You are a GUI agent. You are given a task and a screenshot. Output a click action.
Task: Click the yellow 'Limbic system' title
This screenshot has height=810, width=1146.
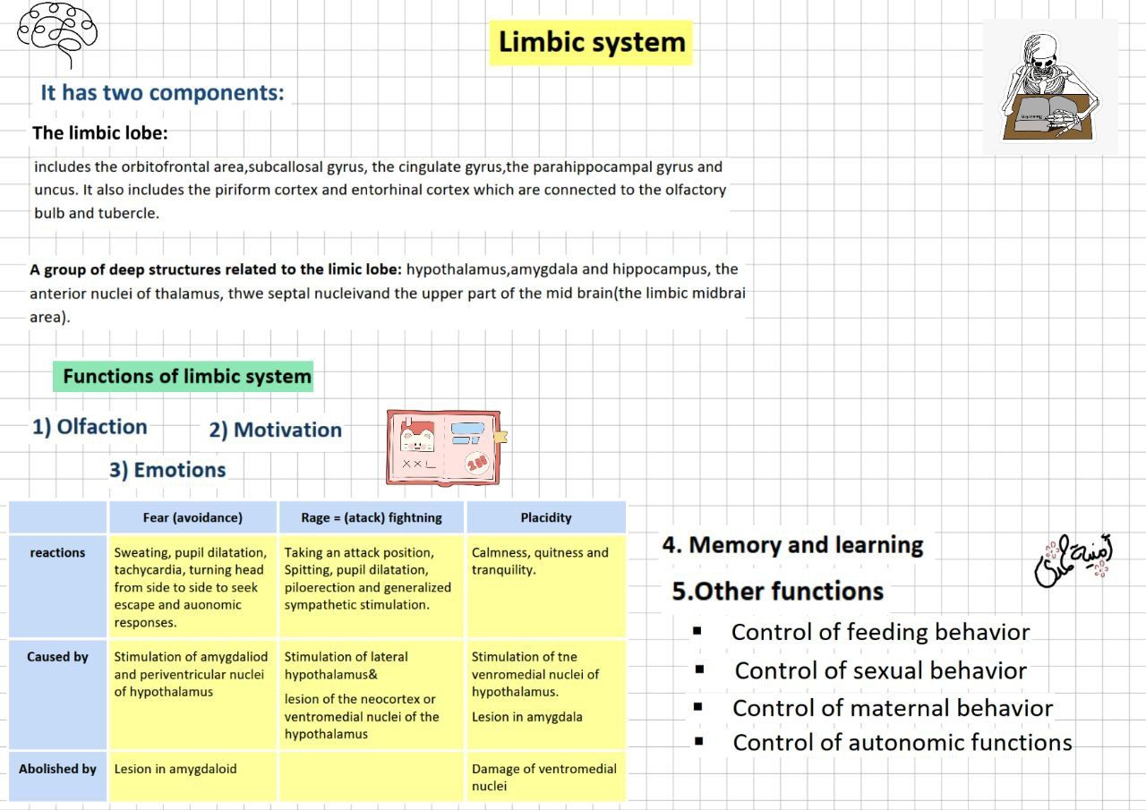point(591,42)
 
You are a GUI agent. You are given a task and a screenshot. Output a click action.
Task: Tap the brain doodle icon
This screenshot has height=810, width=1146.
point(57,31)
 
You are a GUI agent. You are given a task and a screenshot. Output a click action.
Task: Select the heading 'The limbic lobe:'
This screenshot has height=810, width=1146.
point(99,133)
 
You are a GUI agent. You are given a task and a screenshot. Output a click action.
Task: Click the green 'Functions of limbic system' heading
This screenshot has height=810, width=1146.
point(186,376)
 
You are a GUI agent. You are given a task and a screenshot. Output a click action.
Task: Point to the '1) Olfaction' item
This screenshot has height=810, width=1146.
point(90,427)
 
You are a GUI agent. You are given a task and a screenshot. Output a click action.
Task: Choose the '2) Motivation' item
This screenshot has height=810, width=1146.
point(275,430)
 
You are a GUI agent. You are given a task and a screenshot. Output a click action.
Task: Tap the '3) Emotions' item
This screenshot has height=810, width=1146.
point(167,470)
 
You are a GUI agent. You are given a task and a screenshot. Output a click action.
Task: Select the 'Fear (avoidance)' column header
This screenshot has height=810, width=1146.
point(192,517)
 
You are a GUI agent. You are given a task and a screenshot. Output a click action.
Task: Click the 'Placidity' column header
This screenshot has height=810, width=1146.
point(545,517)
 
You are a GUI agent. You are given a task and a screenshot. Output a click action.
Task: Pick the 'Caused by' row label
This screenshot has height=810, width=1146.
point(57,657)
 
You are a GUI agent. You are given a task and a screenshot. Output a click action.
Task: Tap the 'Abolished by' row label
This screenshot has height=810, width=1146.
point(57,769)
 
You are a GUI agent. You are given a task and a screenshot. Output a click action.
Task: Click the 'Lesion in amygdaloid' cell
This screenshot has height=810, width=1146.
point(175,769)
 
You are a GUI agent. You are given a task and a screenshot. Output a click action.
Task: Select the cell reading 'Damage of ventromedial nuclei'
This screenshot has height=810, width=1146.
point(543,777)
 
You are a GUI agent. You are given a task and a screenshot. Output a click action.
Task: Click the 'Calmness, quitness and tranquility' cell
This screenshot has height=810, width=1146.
point(540,561)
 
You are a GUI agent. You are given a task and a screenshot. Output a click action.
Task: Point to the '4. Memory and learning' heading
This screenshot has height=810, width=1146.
point(792,545)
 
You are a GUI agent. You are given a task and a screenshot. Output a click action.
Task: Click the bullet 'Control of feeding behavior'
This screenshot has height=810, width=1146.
point(880,632)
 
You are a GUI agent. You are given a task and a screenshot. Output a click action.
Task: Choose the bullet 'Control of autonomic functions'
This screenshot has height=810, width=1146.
point(902,742)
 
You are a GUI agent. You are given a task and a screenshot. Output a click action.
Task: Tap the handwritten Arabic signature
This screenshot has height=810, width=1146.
point(1073,561)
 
